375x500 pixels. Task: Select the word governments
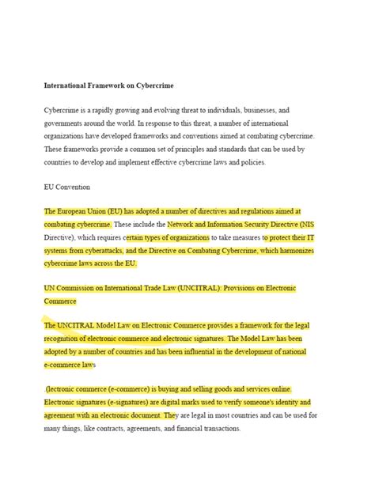coord(65,124)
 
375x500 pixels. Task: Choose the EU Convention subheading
coord(67,187)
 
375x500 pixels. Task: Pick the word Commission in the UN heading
coord(86,289)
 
